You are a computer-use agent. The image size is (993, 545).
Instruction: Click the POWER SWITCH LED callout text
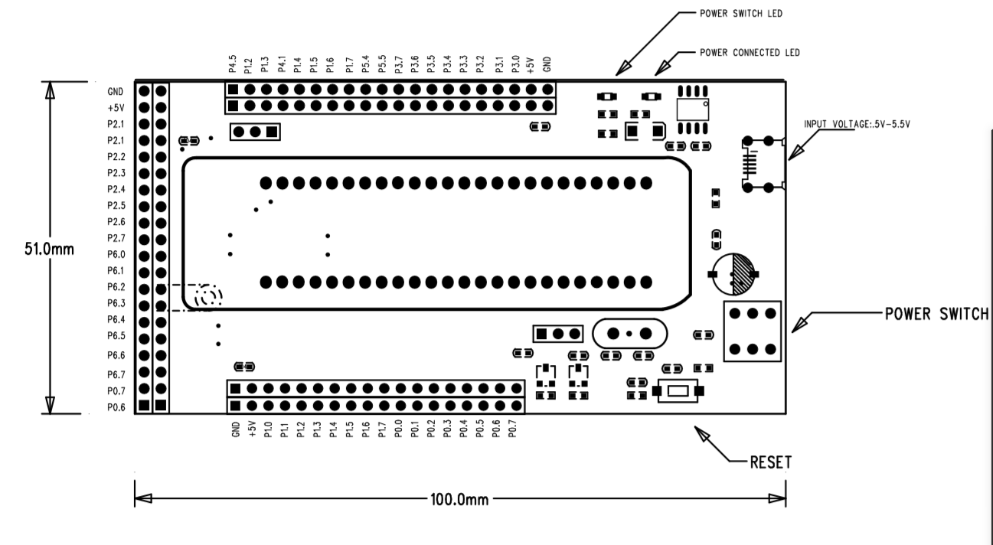[741, 14]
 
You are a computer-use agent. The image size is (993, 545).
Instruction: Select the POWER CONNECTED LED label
[750, 53]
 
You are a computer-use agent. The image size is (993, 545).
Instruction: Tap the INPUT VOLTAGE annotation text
[857, 124]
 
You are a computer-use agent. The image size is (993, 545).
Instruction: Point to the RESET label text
[770, 462]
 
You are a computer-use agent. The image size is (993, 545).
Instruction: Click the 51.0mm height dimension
[49, 249]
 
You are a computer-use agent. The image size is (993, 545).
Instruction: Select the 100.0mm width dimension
[459, 500]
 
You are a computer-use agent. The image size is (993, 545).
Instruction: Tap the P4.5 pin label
[233, 64]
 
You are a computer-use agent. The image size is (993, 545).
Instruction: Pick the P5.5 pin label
[382, 64]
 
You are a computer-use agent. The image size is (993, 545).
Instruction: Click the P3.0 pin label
[514, 64]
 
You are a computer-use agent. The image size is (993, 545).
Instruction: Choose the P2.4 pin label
[116, 190]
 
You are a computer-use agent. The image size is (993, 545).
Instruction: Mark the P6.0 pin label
[116, 255]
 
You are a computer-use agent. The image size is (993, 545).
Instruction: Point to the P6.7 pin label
[116, 375]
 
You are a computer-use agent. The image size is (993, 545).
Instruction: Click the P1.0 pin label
[268, 429]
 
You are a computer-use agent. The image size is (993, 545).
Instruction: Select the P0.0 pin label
[397, 429]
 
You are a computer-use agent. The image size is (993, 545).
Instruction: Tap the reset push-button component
[678, 391]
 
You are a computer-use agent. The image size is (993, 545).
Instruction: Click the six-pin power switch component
[753, 331]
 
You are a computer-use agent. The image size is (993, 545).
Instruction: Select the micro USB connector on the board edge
[763, 164]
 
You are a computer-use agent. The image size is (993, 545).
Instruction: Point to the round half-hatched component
[733, 274]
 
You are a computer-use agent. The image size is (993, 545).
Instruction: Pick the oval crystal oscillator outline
[629, 334]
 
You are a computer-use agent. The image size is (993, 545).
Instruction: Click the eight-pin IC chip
[692, 109]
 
